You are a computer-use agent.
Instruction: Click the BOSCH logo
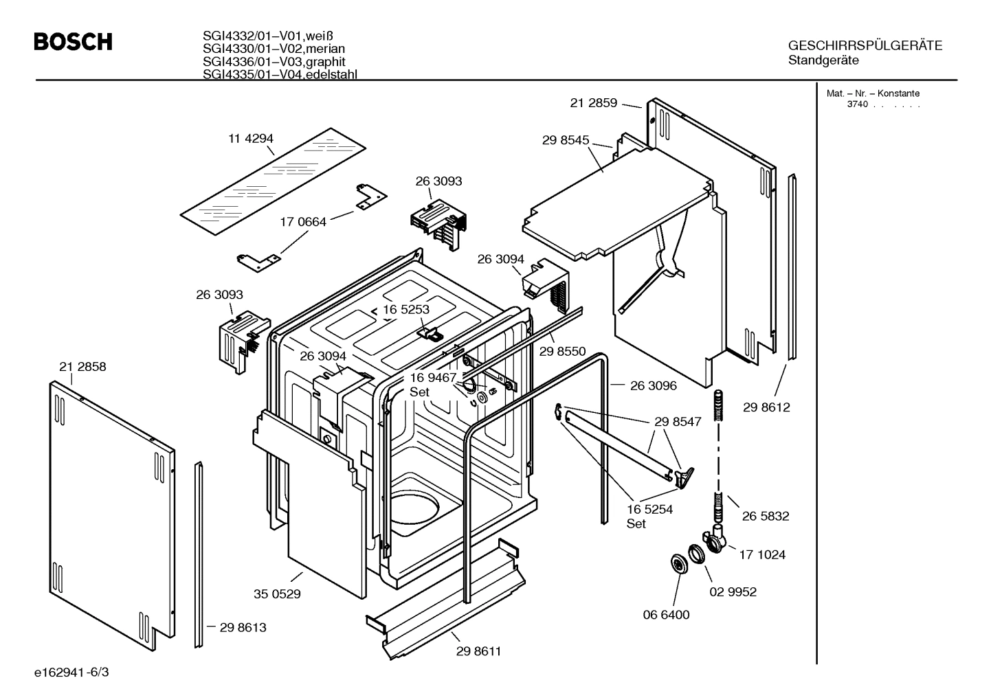coord(73,43)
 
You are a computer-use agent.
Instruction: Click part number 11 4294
coord(251,139)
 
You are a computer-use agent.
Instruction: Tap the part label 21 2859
coord(594,104)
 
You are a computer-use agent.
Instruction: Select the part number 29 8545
coord(566,140)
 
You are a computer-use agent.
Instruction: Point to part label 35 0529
coord(278,594)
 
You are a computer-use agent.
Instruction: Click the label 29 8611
coord(478,651)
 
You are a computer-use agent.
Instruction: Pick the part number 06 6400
coord(666,615)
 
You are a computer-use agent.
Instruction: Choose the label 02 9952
coord(733,591)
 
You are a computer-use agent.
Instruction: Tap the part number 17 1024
coord(762,554)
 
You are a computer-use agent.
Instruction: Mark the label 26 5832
coord(766,516)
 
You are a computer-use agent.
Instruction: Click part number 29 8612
coord(766,407)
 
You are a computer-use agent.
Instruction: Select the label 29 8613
coord(243,627)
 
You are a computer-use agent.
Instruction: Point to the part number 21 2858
coord(82,367)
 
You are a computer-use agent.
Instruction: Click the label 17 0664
coord(303,222)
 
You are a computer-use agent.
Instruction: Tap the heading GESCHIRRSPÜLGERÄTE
coord(865,46)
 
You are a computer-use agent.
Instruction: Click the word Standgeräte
coord(823,60)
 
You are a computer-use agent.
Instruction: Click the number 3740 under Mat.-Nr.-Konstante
coord(857,104)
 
